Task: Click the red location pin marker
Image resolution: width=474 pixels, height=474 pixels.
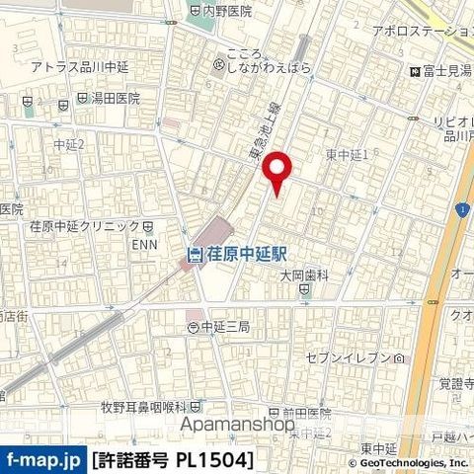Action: click(278, 174)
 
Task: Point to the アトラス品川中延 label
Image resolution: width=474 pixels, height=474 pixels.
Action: click(79, 66)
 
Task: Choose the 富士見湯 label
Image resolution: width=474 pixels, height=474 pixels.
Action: click(441, 71)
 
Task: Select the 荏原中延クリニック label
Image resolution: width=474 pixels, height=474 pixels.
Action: click(84, 225)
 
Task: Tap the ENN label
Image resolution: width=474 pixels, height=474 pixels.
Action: click(145, 244)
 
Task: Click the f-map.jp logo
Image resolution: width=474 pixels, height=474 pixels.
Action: click(43, 459)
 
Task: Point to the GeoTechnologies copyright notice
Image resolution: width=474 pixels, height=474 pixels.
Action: click(409, 462)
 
